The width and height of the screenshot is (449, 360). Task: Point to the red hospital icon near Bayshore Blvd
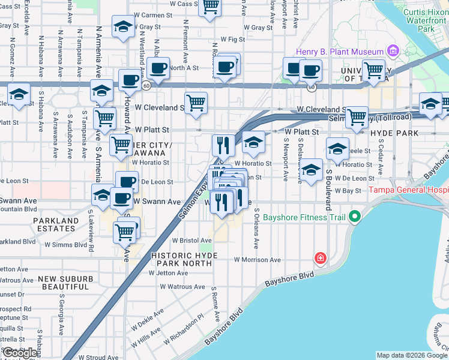pyautogui.click(x=321, y=258)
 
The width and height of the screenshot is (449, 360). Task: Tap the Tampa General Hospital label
pyautogui.click(x=409, y=190)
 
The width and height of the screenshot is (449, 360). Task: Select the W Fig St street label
pyautogui.click(x=233, y=39)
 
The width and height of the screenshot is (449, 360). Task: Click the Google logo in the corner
pyautogui.click(x=20, y=353)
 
